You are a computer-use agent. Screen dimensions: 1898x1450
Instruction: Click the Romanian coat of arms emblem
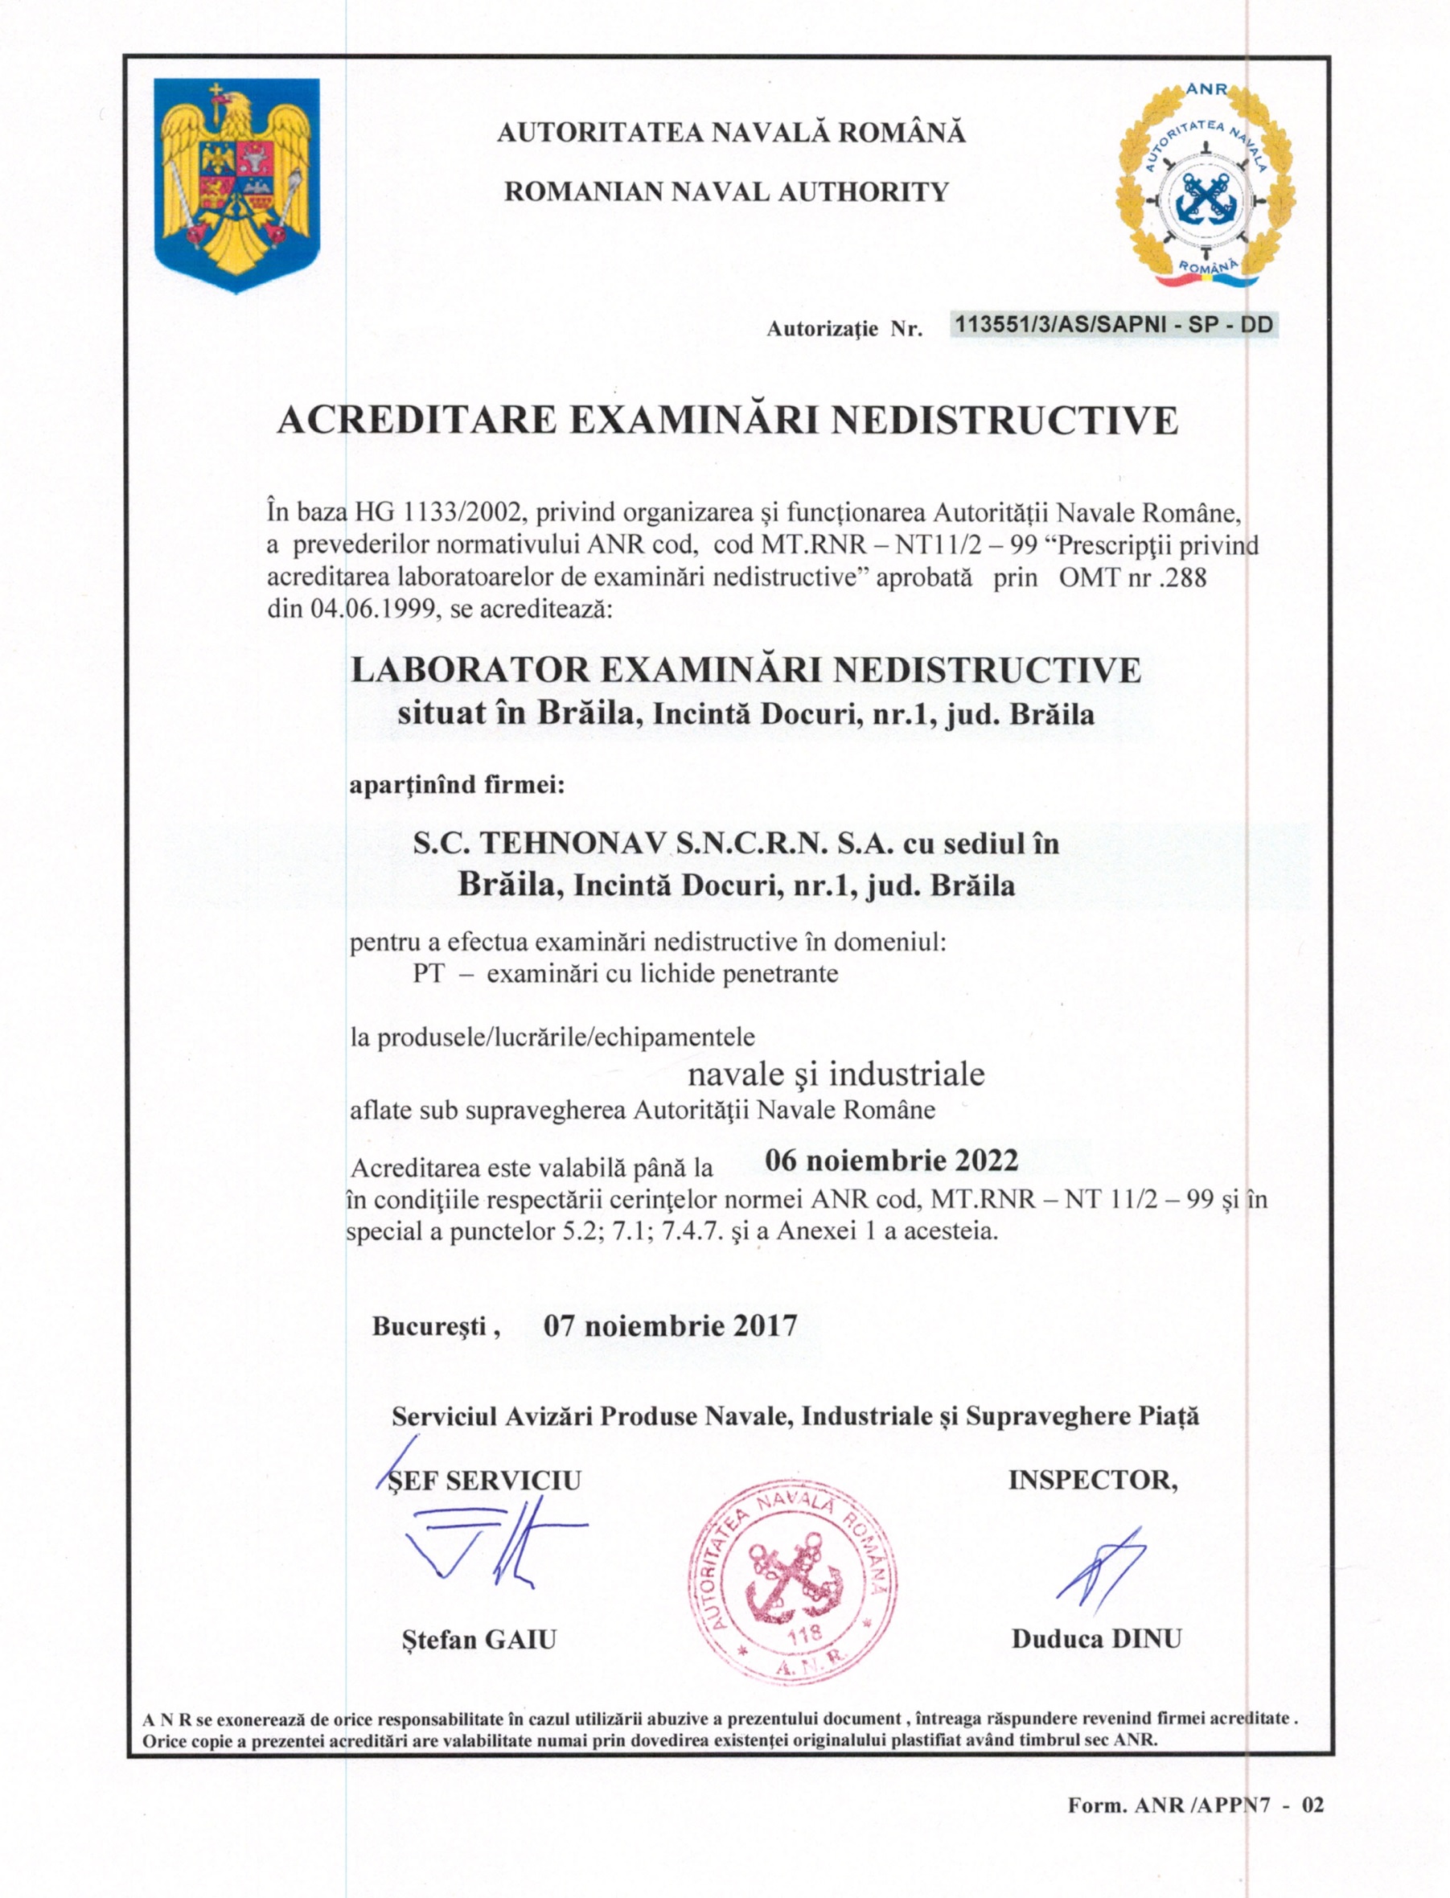pos(236,184)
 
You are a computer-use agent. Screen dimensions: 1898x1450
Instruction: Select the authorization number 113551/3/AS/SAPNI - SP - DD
pos(1112,326)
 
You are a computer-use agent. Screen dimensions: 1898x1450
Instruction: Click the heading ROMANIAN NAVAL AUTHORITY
pos(726,191)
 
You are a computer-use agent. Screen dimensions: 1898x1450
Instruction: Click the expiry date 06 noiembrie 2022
pos(892,1160)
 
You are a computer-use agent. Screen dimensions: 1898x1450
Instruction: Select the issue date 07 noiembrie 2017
pos(670,1325)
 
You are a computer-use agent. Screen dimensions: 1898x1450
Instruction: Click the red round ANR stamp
pos(792,1583)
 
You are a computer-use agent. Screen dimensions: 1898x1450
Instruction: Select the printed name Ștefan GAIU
pos(479,1639)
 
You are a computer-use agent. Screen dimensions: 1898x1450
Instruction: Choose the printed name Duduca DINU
pos(1096,1638)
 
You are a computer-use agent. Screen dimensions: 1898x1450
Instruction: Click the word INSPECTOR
pos(1092,1481)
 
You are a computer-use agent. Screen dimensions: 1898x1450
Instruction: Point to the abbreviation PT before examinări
pos(428,974)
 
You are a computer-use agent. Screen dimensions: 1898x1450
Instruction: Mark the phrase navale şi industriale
pos(836,1074)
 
